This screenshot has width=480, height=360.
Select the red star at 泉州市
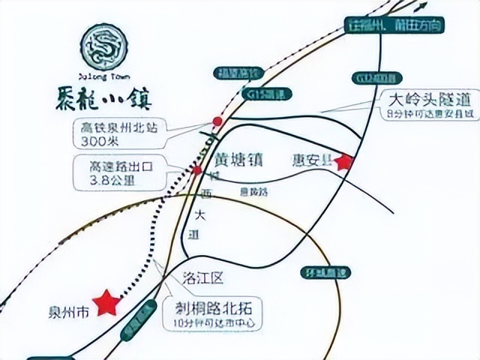108,302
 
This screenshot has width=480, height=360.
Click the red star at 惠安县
344,161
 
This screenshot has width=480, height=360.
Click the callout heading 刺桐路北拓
214,310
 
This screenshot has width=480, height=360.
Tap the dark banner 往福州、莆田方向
395,25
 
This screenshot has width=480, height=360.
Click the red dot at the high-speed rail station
217,121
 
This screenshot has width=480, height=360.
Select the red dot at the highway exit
196,169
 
